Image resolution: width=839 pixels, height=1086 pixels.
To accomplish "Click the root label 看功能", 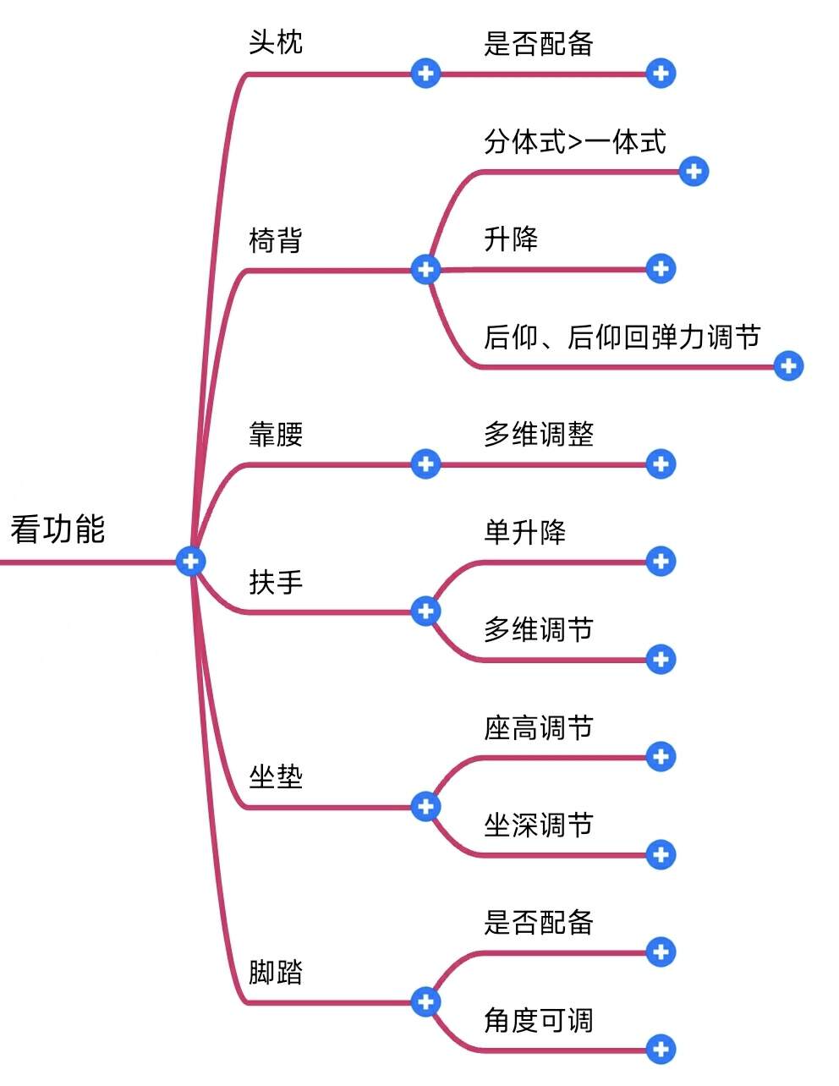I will (58, 529).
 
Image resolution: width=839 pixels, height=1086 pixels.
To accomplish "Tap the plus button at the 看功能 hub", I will (191, 560).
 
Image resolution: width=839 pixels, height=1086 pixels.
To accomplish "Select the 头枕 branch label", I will (276, 42).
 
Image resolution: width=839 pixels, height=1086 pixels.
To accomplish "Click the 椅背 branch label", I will (276, 241).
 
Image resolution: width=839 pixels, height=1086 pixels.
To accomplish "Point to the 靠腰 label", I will (276, 435).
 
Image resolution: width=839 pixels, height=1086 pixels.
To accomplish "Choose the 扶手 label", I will (276, 582).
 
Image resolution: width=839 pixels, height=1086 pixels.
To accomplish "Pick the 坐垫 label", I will (276, 776).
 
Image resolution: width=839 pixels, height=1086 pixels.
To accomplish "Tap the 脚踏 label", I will (276, 972).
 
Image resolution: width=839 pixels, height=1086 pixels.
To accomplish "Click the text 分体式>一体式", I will (575, 142).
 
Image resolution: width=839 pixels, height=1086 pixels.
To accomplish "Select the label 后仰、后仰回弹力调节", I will (622, 337).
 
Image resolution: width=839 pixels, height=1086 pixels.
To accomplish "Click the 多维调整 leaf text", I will (539, 435).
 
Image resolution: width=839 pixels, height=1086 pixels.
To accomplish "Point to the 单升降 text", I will (525, 533).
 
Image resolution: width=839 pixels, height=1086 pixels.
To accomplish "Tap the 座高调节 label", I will (539, 728).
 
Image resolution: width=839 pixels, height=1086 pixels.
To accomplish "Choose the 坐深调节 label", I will (539, 825).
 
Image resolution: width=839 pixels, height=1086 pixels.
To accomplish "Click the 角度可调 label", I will (539, 1021).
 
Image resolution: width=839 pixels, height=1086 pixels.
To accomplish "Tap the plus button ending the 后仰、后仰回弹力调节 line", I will (788, 366).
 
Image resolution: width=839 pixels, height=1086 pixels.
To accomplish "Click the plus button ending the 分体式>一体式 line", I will (694, 172).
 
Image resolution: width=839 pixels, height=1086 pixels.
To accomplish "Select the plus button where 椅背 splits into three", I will (425, 270).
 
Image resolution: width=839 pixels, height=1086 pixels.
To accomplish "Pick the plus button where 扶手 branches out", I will (425, 611).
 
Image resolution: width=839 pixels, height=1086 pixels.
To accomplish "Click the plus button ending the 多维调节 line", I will (661, 659).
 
